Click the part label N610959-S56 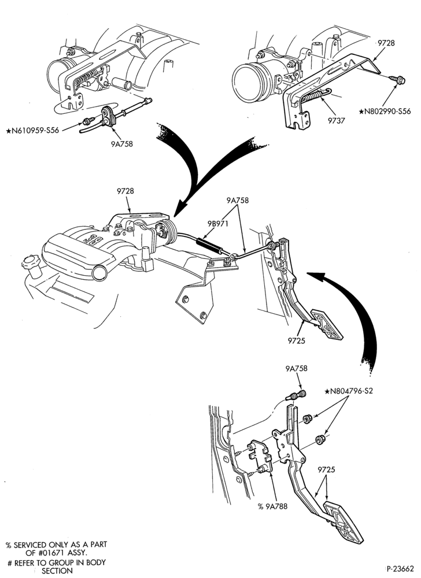(x=32, y=130)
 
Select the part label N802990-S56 (x=385, y=111)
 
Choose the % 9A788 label (x=272, y=506)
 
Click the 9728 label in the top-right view (x=385, y=43)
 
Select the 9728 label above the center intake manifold (x=125, y=191)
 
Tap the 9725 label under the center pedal (x=297, y=340)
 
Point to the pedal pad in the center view (x=327, y=324)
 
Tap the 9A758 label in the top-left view (x=121, y=144)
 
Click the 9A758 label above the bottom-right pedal (x=296, y=369)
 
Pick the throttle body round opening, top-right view (x=249, y=83)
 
